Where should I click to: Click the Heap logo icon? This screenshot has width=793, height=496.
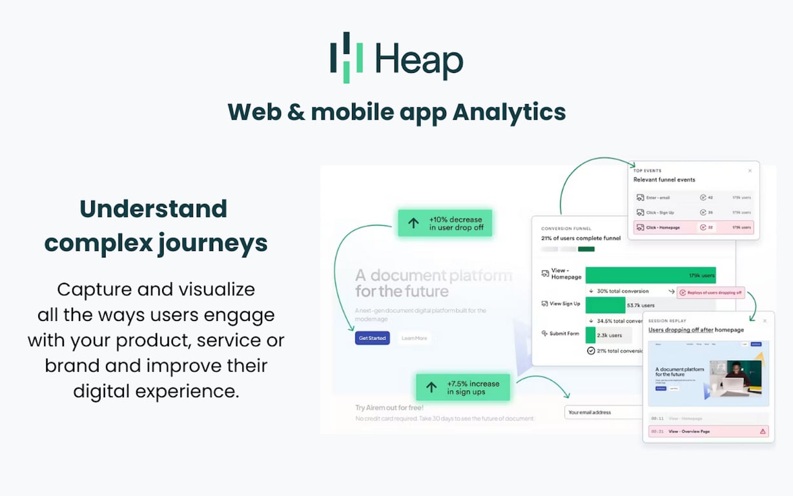coord(346,57)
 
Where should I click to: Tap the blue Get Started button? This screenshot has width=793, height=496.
coord(372,338)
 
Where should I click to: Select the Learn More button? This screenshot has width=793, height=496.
coord(414,338)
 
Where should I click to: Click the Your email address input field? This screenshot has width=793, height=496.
coord(604,412)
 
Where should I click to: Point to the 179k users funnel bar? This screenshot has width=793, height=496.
coord(650,275)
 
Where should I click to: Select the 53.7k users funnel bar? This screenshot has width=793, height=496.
coord(606,305)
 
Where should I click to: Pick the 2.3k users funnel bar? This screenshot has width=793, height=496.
coord(591,335)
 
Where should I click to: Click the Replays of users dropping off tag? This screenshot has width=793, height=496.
coord(710,293)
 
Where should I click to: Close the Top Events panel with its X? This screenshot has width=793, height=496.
coord(750,170)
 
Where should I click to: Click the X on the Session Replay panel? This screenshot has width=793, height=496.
coord(765,320)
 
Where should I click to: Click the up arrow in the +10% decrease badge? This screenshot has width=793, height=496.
coord(413,223)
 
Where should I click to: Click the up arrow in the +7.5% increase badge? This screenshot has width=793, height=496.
coord(431,387)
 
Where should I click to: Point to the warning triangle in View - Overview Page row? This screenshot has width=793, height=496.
coord(763,431)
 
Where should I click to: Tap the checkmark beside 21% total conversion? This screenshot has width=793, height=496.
coord(590,351)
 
